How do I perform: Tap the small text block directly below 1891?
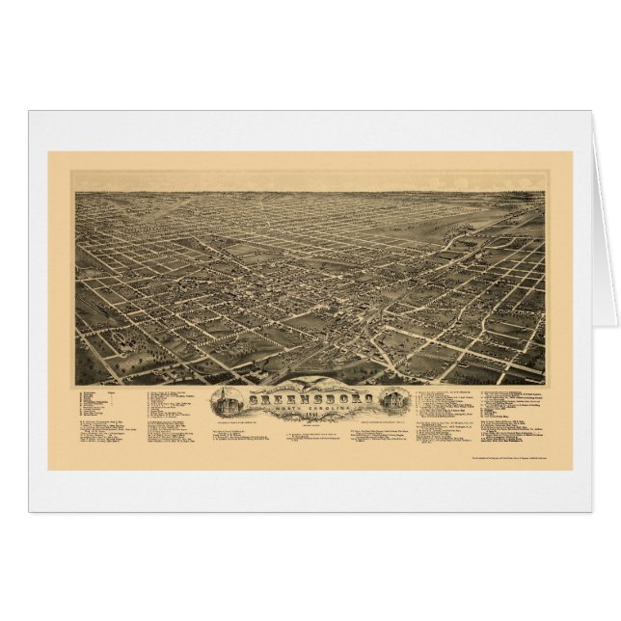[310, 428]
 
